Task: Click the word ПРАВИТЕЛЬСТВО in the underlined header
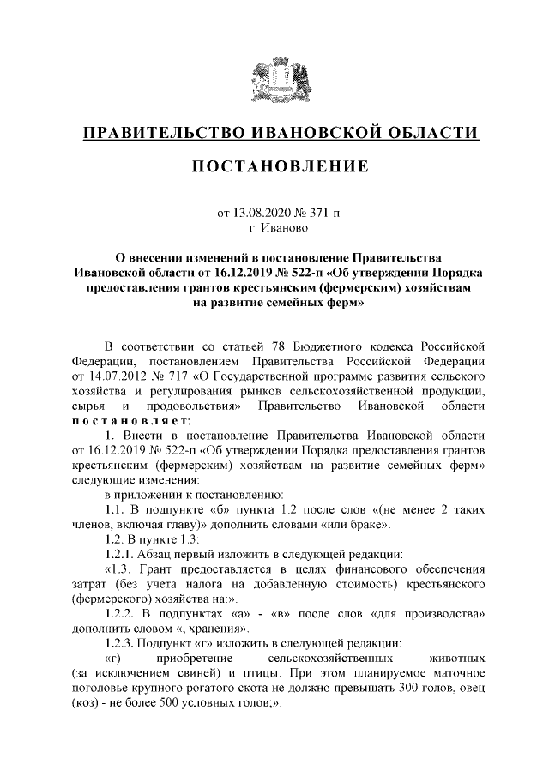[160, 134]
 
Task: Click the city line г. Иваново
[274, 228]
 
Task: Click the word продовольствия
[190, 406]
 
